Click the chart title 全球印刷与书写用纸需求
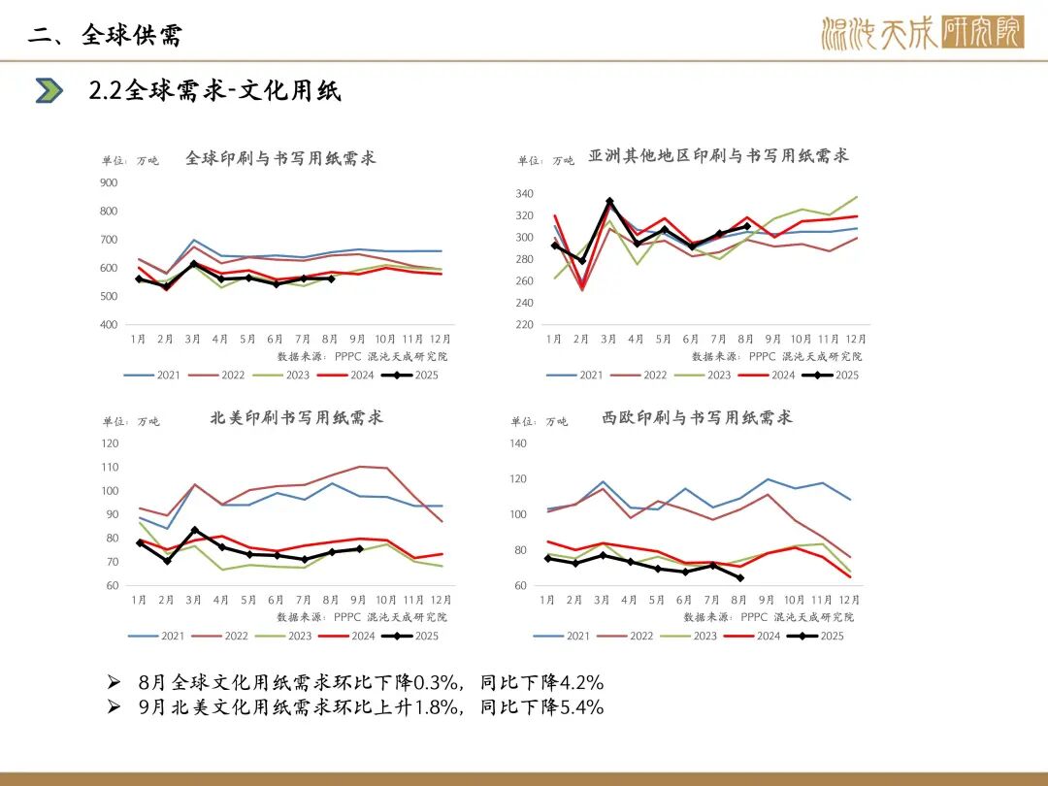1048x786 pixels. pos(280,158)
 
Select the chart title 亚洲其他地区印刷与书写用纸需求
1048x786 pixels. pos(718,155)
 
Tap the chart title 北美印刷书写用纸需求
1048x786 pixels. pos(297,418)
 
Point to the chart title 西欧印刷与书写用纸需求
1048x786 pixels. pos(697,418)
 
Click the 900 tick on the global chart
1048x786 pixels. pos(109,182)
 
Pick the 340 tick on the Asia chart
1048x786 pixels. pos(524,193)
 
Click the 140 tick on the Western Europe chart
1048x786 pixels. pos(518,443)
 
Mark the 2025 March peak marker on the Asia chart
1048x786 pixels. pos(608,202)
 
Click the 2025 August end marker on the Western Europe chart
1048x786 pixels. pos(739,577)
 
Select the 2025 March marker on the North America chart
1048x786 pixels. pos(195,530)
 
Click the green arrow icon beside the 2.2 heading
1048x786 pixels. pos(49,91)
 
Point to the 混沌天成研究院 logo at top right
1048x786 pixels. pos(922,34)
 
